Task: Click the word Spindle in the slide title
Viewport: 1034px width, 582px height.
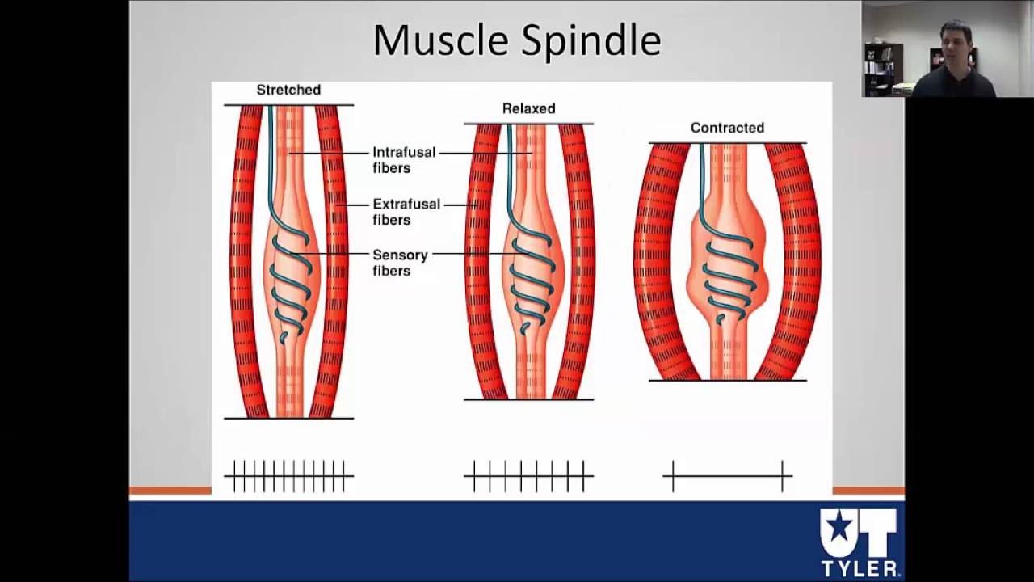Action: pos(591,40)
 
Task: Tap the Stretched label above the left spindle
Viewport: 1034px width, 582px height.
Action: pos(288,90)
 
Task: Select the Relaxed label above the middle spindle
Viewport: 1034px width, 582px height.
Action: pos(528,108)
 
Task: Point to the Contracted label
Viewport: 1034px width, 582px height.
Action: pos(727,128)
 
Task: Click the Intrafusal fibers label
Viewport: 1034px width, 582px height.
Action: pos(403,160)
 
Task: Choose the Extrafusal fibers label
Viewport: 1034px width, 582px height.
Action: pos(406,212)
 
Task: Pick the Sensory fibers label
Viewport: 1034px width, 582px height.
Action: pos(399,263)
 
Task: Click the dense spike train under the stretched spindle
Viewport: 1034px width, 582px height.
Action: pos(288,476)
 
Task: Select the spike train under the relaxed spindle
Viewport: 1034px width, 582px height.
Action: pos(528,476)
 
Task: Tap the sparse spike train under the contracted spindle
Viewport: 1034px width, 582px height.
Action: pos(727,476)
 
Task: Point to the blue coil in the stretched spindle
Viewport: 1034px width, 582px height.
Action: pos(290,287)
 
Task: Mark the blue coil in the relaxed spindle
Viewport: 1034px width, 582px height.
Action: pos(531,279)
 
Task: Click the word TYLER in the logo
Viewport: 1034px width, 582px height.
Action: pos(859,567)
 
